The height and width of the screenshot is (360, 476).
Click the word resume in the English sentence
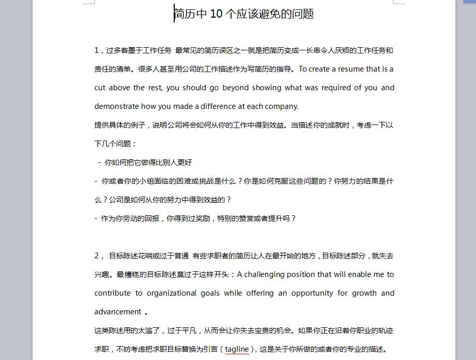pos(351,69)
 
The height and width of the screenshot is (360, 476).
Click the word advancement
pos(118,312)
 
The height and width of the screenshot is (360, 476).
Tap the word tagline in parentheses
pos(237,349)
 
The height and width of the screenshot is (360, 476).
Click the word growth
pos(364,293)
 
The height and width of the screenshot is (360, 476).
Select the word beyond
pos(235,88)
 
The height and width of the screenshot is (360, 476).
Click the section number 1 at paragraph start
pos(96,50)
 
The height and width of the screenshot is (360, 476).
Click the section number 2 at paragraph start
pos(96,256)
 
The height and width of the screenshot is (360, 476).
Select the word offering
pos(260,293)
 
